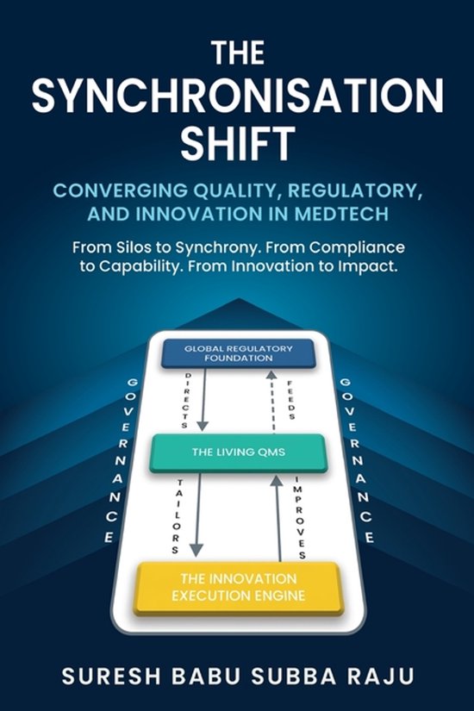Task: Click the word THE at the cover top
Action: pos(238,53)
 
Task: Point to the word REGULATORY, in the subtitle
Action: pos(352,191)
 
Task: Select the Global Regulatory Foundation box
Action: pos(239,353)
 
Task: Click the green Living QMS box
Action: pos(238,452)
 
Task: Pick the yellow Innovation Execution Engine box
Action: pos(239,588)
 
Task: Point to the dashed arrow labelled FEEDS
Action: pos(271,402)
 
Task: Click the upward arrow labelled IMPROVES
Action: pos(278,518)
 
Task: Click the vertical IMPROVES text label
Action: pos(300,517)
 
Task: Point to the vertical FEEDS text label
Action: pos(291,400)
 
